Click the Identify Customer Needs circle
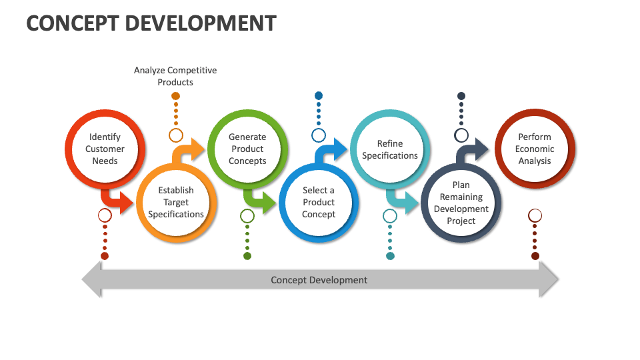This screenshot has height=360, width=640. click(x=105, y=149)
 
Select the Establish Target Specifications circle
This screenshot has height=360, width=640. click(x=176, y=202)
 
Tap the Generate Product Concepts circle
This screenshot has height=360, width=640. click(x=247, y=149)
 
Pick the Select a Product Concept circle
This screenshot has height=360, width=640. click(x=319, y=202)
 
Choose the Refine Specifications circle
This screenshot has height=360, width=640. click(x=390, y=149)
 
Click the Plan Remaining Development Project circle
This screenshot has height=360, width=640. click(x=461, y=203)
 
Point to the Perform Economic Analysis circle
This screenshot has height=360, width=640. click(x=535, y=149)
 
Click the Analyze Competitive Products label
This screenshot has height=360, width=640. click(x=175, y=76)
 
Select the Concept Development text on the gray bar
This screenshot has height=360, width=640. click(x=319, y=280)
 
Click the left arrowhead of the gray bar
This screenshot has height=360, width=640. click(x=91, y=279)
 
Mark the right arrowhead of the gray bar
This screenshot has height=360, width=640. click(x=549, y=279)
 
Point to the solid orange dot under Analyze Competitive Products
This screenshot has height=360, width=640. click(x=175, y=96)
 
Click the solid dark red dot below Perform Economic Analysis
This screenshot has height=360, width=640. click(x=535, y=256)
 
